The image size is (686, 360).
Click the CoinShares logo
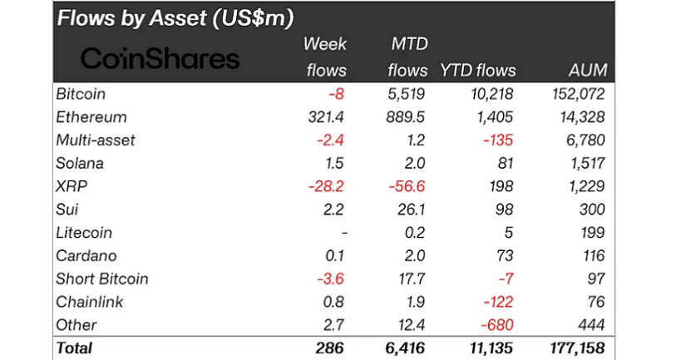[x=160, y=59]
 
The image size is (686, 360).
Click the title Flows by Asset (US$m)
[x=174, y=17]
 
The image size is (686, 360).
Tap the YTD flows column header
[x=478, y=70]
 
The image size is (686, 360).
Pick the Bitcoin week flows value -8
[x=338, y=94]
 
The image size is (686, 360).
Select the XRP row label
[x=72, y=186]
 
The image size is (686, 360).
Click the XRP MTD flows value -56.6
[x=407, y=186]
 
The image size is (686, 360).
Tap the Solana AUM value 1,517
[x=585, y=163]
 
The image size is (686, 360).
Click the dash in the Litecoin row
[x=343, y=233]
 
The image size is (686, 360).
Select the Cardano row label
[x=86, y=255]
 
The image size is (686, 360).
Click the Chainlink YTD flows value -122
[x=498, y=301]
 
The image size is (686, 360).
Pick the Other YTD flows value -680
[x=497, y=324]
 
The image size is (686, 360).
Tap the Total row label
[x=75, y=348]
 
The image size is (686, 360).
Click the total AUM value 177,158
[x=574, y=348]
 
